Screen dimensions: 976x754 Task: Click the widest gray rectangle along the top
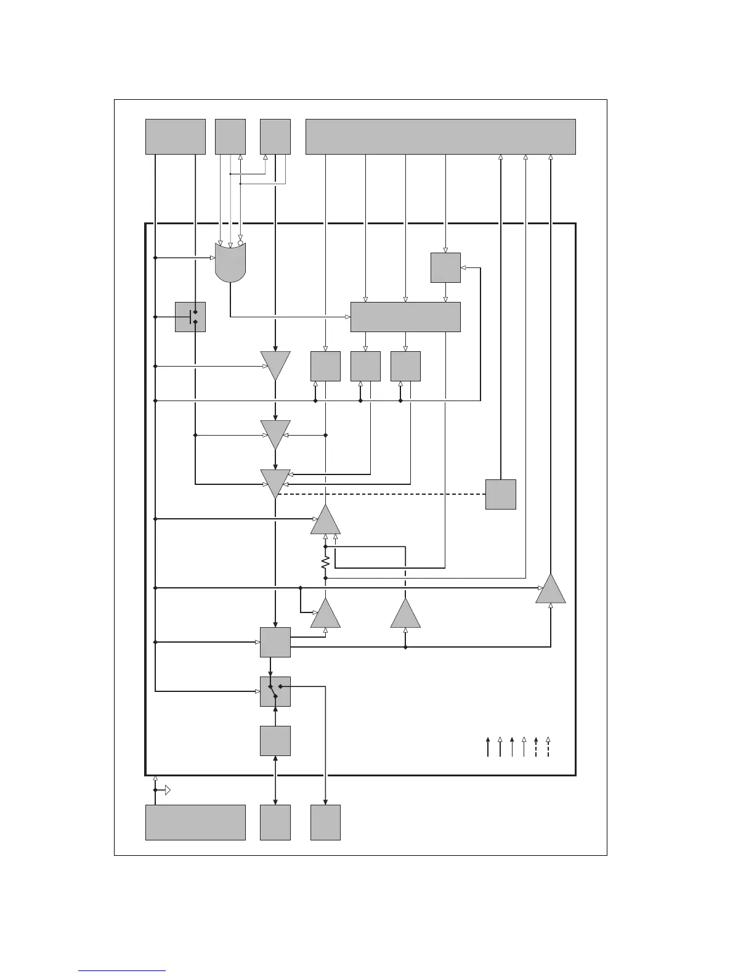click(440, 137)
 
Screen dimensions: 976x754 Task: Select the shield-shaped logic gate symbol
click(230, 262)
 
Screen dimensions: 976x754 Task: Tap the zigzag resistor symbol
click(325, 562)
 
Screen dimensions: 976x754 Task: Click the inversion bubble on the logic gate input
click(240, 243)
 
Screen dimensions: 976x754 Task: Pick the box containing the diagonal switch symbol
click(275, 691)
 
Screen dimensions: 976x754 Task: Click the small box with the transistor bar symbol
click(190, 317)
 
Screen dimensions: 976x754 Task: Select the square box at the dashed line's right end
click(500, 494)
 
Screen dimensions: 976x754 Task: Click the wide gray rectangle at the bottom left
click(195, 822)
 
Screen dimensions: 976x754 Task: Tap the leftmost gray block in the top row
click(175, 137)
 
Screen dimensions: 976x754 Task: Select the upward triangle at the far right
click(550, 589)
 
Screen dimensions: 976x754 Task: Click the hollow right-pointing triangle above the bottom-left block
click(168, 790)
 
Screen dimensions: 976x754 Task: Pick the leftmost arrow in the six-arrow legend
click(488, 746)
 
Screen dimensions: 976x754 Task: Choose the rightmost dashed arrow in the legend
click(548, 746)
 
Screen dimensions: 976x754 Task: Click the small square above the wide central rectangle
click(445, 267)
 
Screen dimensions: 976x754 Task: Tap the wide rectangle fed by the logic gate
click(405, 317)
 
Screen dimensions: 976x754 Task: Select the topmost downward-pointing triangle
click(275, 365)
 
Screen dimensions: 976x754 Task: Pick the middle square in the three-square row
click(365, 366)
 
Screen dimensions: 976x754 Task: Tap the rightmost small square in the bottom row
click(325, 822)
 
